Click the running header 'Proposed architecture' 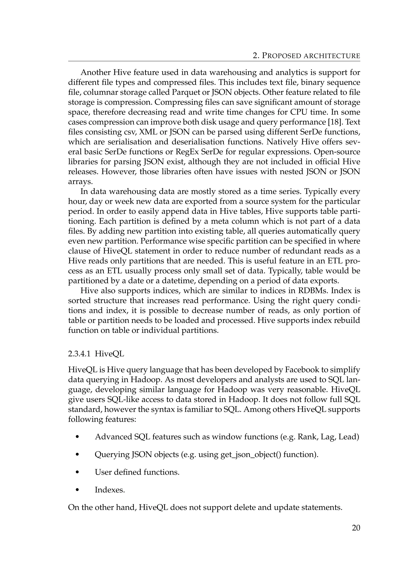(306, 56)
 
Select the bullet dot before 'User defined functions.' (77, 472)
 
